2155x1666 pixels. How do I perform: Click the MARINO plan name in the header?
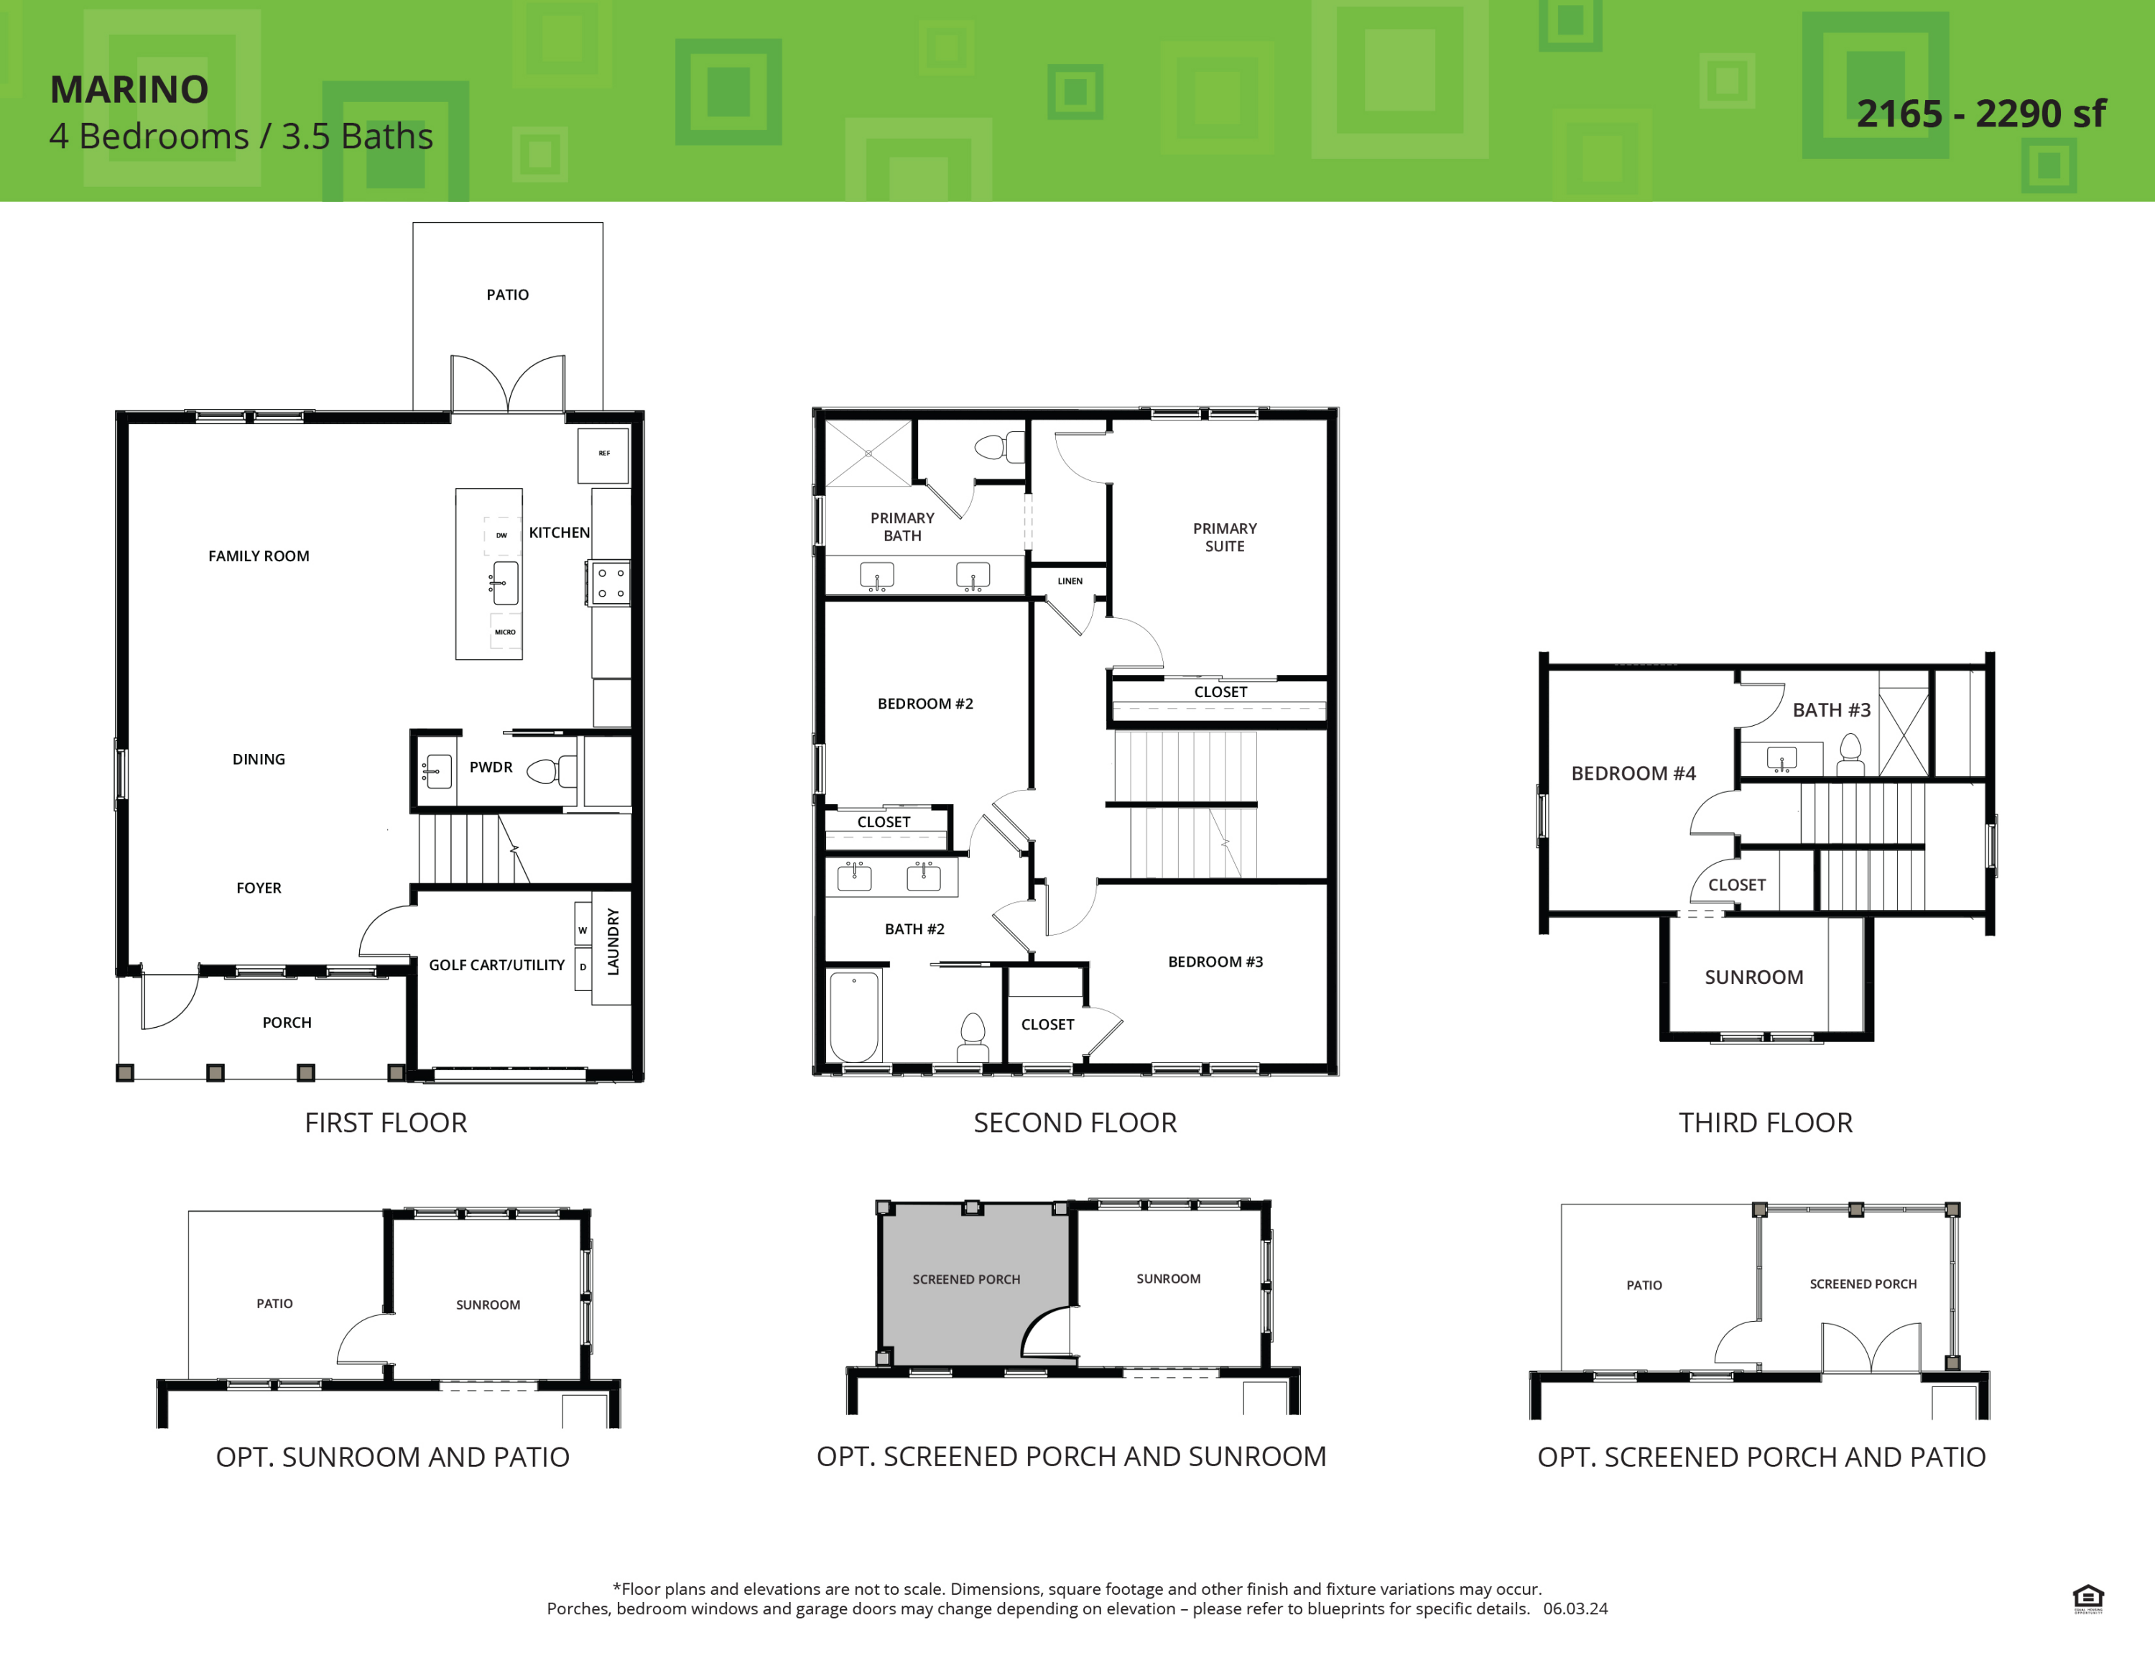coord(129,90)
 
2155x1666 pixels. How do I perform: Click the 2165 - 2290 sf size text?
coord(1980,114)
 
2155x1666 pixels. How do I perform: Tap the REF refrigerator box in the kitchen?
coord(603,454)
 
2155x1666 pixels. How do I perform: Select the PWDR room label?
coord(491,767)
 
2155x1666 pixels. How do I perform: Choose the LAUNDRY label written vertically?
coord(613,942)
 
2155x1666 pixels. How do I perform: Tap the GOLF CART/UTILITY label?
coord(496,965)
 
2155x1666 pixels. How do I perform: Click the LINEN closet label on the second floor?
coord(1070,581)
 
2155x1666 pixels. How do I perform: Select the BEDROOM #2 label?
coord(924,704)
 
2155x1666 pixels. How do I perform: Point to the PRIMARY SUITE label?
coord(1225,538)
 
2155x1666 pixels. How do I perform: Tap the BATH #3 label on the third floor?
coord(1830,711)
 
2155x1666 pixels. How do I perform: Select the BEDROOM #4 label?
coord(1633,774)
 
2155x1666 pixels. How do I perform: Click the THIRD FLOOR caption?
coord(1765,1123)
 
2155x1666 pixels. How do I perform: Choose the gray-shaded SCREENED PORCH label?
coord(966,1280)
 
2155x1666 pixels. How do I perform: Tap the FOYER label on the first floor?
coord(259,888)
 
